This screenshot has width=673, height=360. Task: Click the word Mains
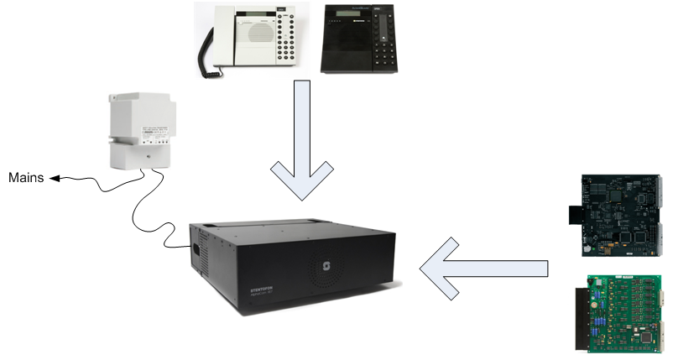[x=26, y=178]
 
